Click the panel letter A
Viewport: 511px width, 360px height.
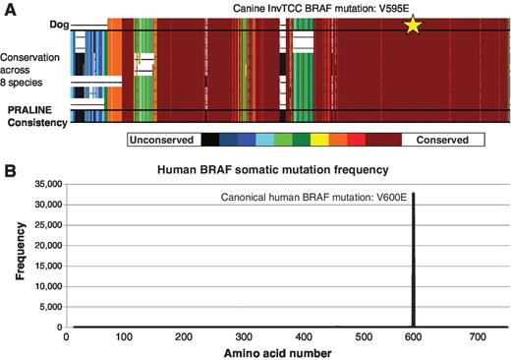pyautogui.click(x=7, y=7)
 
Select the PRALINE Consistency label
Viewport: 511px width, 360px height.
pyautogui.click(x=34, y=114)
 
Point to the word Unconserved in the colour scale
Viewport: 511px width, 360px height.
pyautogui.click(x=162, y=140)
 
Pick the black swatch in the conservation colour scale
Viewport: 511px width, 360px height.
pyautogui.click(x=209, y=140)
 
